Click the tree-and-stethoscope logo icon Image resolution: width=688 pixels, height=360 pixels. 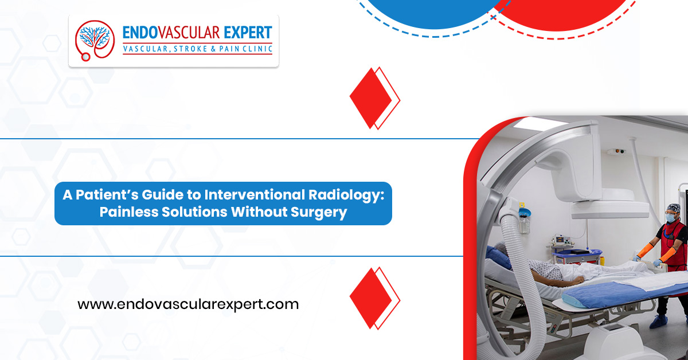click(95, 41)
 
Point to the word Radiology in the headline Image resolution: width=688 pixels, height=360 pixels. click(346, 195)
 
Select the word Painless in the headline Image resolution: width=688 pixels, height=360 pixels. click(129, 212)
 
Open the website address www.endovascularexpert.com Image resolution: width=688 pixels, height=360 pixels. click(188, 304)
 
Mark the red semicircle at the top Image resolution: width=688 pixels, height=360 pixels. click(562, 15)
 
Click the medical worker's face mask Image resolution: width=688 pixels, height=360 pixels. click(670, 218)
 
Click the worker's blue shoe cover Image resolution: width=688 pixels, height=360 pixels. click(659, 322)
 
